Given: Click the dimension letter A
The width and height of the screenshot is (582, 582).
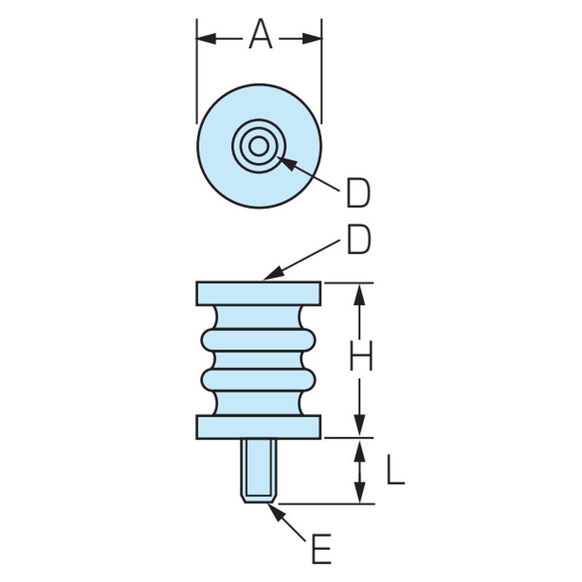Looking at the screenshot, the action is pos(260,34).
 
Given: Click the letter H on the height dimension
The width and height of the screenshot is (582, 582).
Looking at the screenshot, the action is pos(361,356).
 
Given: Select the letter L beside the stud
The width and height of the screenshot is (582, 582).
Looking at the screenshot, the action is pos(395,469).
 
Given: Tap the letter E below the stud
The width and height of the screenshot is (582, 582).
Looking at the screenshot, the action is pos(321,549).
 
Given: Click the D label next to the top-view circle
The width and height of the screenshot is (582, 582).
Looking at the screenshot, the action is pos(358,193).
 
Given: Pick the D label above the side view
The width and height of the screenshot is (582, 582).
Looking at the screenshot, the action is pos(359,240).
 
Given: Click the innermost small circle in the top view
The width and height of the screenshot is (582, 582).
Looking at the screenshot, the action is pos(259,146).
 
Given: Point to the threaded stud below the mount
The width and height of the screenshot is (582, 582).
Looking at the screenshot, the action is pos(259,471).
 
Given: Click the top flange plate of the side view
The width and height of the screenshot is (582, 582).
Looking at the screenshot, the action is pos(259,294).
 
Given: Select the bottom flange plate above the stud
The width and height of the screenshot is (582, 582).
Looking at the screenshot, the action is pos(259,427).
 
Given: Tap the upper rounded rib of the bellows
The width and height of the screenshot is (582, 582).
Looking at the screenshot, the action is pos(259,340).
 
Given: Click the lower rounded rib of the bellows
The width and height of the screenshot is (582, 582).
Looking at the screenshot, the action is pos(259,380).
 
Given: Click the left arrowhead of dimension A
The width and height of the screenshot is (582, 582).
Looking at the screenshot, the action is pos(206,39).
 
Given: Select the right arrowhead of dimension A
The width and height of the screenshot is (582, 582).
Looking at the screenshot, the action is pos(312,39).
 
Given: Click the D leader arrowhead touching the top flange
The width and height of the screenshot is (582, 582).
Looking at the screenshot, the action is pos(273,274).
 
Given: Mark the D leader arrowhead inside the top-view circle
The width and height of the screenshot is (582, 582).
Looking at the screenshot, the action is pos(287,162).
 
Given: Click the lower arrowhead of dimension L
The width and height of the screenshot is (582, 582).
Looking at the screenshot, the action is pos(359,493).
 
